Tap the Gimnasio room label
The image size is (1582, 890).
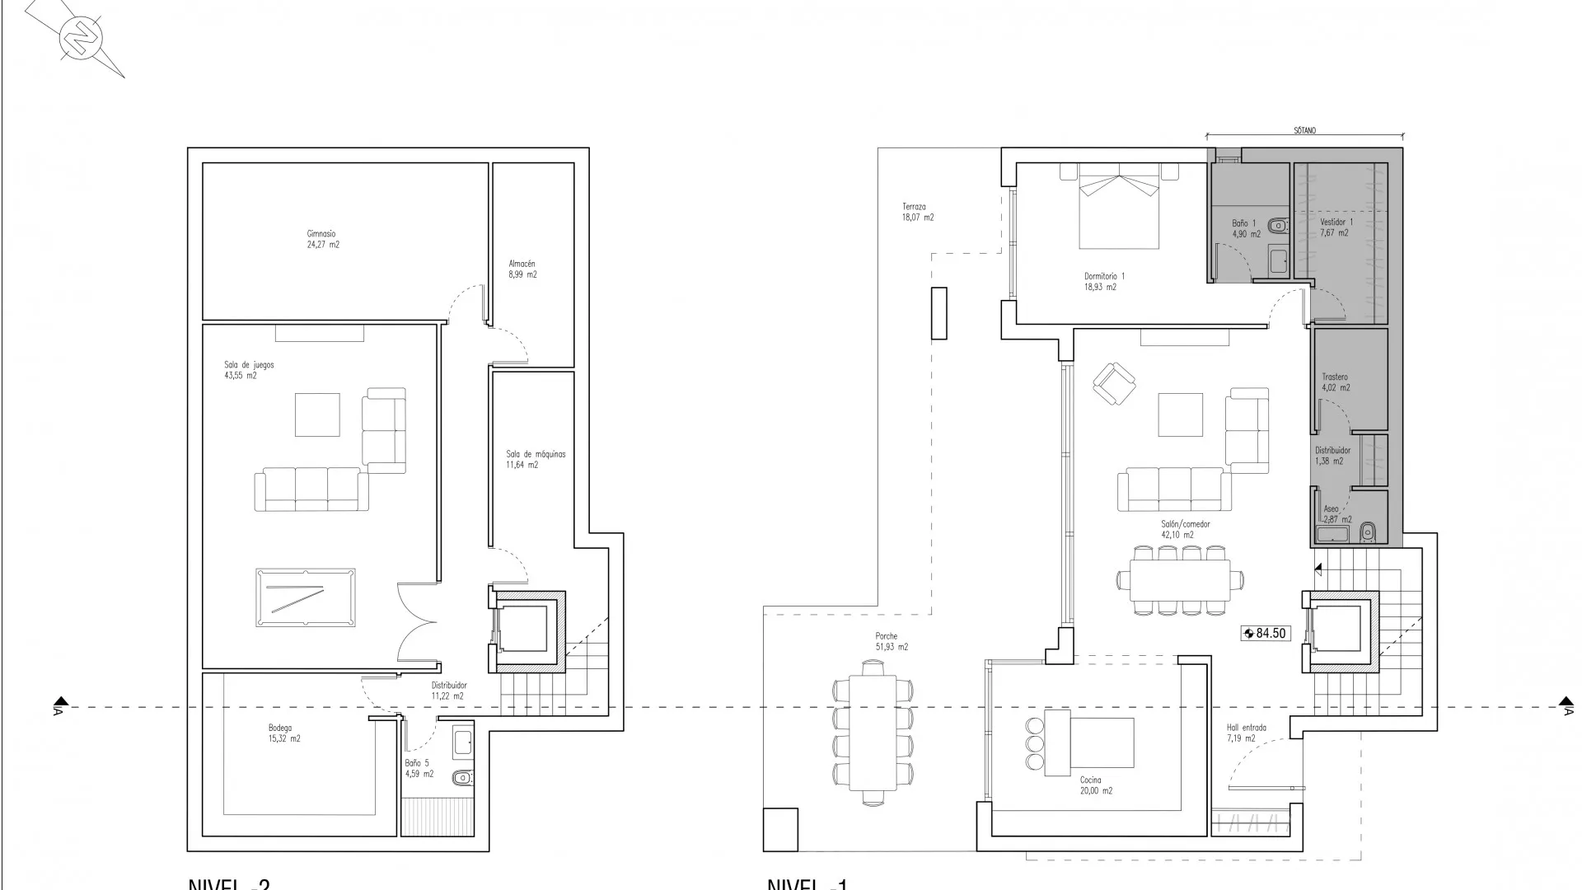(322, 239)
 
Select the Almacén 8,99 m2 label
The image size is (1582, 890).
(522, 269)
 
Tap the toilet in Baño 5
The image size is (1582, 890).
(461, 777)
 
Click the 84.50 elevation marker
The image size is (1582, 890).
(1266, 634)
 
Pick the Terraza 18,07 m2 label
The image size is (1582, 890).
(917, 212)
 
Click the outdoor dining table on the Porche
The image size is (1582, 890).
(873, 733)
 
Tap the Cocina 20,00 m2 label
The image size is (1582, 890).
(1096, 785)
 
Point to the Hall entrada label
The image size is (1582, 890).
(1246, 733)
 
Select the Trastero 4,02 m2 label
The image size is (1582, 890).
(1336, 382)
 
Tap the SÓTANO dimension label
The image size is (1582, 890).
(1304, 130)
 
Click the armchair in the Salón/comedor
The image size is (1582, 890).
(1113, 383)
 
